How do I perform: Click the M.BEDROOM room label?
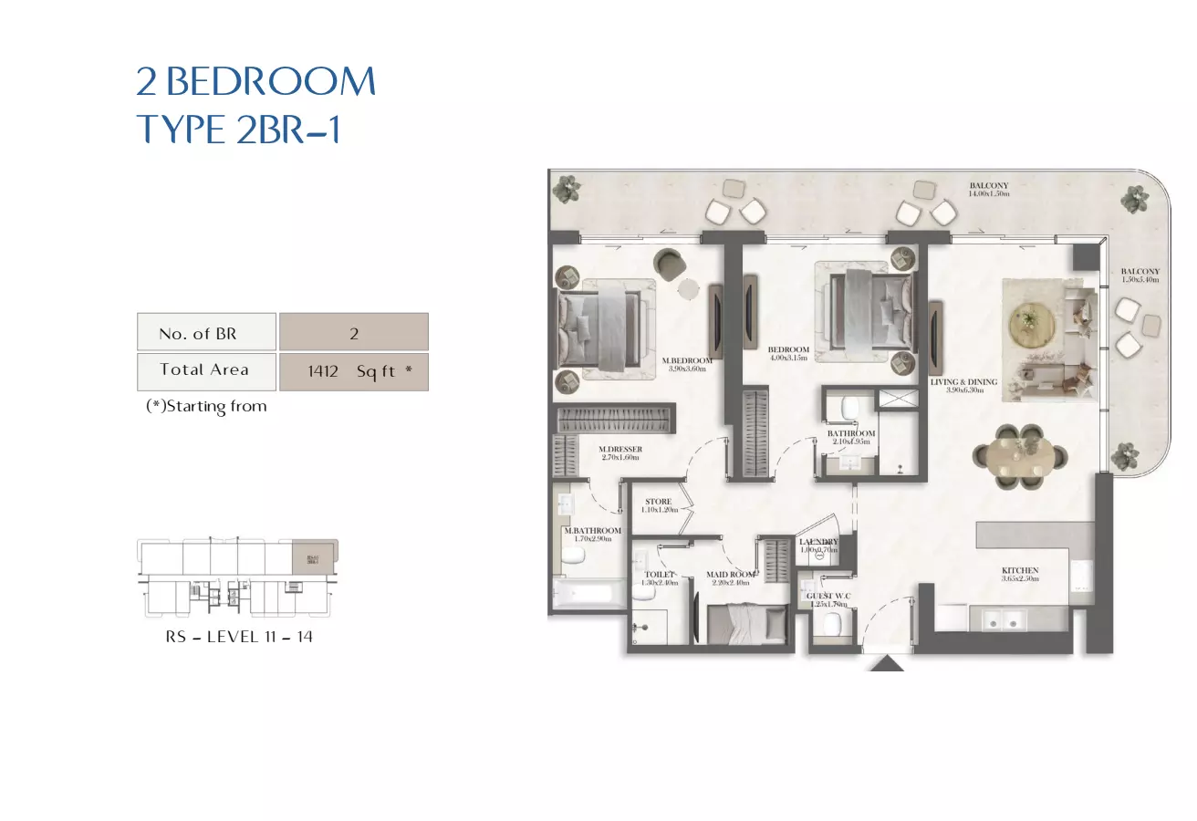(687, 360)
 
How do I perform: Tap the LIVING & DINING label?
(963, 382)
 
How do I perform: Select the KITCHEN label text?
(1020, 571)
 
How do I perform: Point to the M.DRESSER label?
(620, 450)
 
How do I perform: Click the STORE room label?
(658, 502)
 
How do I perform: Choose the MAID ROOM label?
(730, 575)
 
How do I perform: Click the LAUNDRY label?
(818, 542)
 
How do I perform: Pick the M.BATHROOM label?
(592, 531)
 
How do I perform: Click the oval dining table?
(1017, 452)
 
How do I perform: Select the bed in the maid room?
(747, 625)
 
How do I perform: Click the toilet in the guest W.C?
(832, 625)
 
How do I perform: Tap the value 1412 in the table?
(323, 372)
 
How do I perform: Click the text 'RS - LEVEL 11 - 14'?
(239, 637)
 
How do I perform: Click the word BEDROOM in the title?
(271, 83)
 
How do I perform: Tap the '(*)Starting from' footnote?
(206, 407)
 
